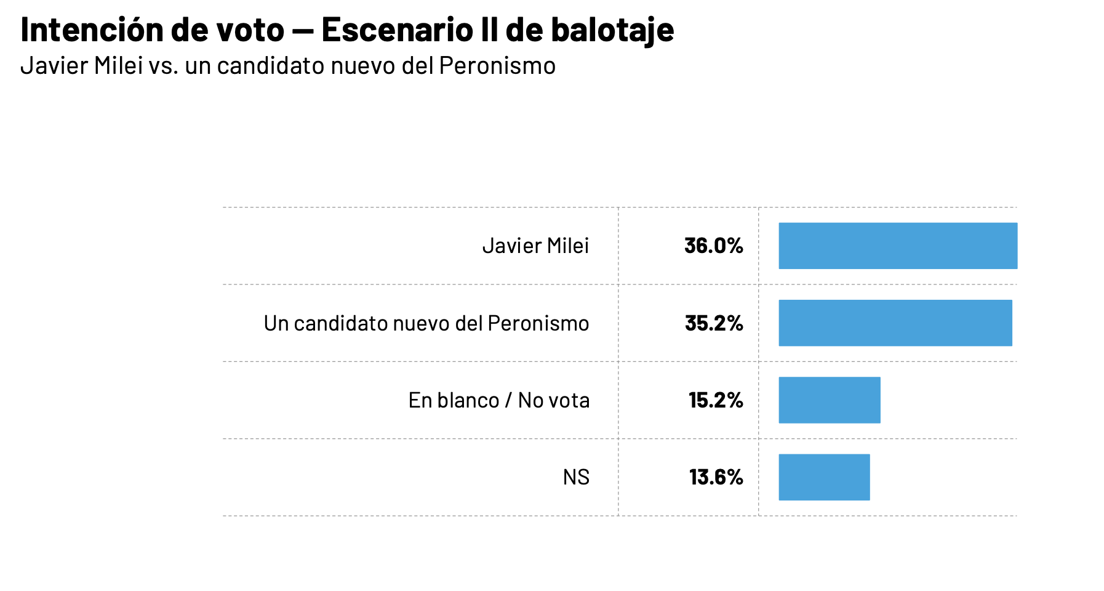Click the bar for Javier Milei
tap(898, 246)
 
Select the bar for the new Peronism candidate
tap(895, 323)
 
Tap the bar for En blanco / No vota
tap(830, 400)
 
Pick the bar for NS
tap(825, 477)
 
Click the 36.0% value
tap(714, 246)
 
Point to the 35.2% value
tap(714, 323)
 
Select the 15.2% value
tap(716, 400)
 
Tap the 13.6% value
tap(716, 477)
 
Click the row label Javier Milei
tap(535, 246)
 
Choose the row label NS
tap(576, 477)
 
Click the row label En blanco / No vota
tap(499, 400)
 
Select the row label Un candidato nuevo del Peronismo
tap(426, 323)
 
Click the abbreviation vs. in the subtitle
tap(164, 66)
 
